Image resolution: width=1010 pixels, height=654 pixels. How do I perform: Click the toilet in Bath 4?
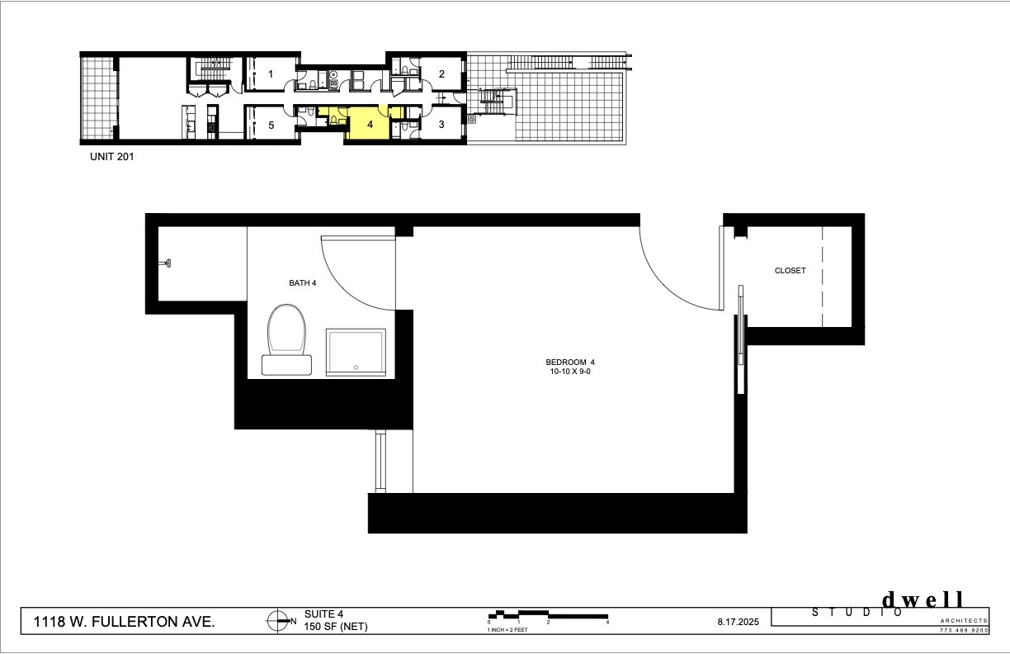point(287,339)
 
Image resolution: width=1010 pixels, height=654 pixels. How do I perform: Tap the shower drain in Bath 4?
point(356,367)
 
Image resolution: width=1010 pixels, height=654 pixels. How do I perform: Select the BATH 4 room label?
point(303,283)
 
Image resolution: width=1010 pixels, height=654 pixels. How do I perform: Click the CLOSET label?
point(790,270)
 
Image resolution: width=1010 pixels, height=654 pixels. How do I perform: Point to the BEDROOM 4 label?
point(570,362)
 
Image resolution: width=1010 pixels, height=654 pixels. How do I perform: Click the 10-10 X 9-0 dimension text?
point(570,372)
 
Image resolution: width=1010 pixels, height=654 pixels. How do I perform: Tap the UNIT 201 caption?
point(112,157)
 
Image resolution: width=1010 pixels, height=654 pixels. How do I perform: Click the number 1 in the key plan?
point(271,74)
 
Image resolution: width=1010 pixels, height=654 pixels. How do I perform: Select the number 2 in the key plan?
point(442,74)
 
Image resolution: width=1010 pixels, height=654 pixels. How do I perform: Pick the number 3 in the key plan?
point(441,124)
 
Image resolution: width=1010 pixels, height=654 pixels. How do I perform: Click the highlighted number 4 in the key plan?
point(370,125)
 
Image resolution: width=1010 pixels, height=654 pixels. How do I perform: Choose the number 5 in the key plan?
point(271,125)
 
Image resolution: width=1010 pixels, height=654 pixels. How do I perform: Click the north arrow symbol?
point(278,621)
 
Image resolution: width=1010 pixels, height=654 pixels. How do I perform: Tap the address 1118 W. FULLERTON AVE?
point(125,622)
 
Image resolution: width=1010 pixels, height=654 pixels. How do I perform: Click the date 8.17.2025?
point(739,622)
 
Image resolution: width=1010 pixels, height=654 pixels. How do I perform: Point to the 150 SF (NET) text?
point(336,627)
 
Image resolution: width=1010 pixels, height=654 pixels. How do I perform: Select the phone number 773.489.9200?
point(964,631)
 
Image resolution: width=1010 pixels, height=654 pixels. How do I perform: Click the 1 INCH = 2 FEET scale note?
point(507,629)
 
